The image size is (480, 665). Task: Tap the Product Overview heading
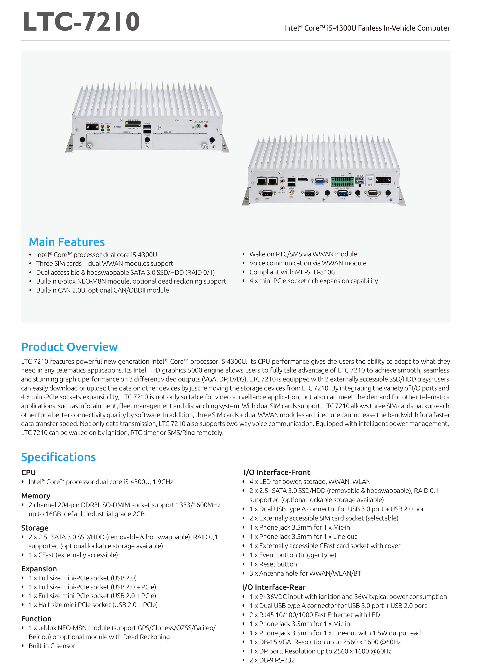[69, 347]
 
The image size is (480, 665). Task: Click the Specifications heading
[58, 457]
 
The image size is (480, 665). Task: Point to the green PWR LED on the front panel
[102, 130]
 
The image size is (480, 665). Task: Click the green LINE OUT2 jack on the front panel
[198, 126]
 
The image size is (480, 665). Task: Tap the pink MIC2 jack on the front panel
[206, 126]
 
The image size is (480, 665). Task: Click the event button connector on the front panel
[92, 127]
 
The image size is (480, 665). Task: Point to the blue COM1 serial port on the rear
[343, 193]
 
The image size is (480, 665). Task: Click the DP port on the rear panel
[303, 179]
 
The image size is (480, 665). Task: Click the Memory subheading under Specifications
[35, 496]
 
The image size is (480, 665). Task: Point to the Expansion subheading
[39, 569]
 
